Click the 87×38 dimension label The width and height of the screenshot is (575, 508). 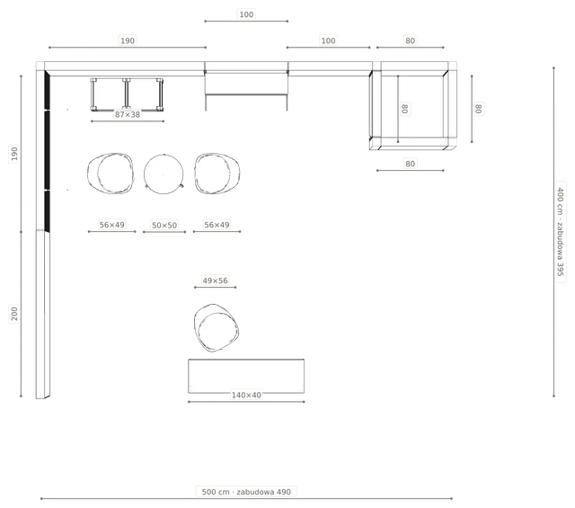coord(128,114)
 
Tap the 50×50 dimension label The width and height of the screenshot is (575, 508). coord(164,225)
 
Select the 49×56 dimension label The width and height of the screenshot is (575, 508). coord(216,281)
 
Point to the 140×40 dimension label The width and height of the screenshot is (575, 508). coord(246,395)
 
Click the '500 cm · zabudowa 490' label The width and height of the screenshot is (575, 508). coord(246,492)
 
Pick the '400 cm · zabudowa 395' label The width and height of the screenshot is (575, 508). coord(561,232)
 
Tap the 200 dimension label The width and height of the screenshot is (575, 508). coord(14,314)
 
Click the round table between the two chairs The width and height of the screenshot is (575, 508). coord(164,174)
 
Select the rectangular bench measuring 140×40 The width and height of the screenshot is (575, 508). coord(246,376)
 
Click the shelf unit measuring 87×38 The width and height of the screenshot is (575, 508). coord(127,94)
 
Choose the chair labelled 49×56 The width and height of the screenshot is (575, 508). coord(216,327)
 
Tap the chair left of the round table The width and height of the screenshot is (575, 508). coord(111,174)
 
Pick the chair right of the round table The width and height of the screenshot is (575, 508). coord(217,174)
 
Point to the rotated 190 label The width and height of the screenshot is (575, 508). coord(14,154)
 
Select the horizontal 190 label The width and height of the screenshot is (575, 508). coord(128,40)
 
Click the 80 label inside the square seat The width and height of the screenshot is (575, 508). coord(404,109)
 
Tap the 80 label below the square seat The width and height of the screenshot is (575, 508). coord(410,164)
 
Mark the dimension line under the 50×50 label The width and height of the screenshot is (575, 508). coord(164,232)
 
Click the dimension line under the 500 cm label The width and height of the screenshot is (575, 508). coord(246,498)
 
